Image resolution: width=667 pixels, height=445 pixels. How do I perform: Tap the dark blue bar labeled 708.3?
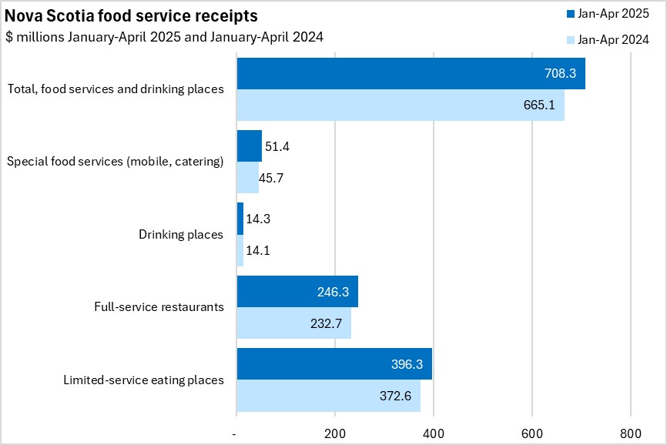pyautogui.click(x=411, y=73)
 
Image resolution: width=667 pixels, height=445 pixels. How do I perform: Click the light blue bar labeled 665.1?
pyautogui.click(x=401, y=105)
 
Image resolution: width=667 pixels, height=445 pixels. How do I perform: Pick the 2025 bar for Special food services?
pyautogui.click(x=249, y=146)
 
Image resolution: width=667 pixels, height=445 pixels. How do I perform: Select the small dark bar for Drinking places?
pyautogui.click(x=240, y=219)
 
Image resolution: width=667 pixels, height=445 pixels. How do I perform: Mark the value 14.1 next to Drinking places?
pyautogui.click(x=257, y=250)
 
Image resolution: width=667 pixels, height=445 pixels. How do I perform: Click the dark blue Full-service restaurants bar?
pyautogui.click(x=297, y=291)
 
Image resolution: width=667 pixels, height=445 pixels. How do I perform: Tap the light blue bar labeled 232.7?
pyautogui.click(x=293, y=323)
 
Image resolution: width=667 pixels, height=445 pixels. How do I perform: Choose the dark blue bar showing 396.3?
pyautogui.click(x=334, y=363)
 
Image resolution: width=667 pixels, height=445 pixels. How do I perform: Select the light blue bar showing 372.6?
pyautogui.click(x=328, y=395)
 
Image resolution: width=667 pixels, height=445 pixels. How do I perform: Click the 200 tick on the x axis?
pyautogui.click(x=335, y=432)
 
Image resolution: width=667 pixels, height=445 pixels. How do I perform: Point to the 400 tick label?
pyautogui.click(x=434, y=432)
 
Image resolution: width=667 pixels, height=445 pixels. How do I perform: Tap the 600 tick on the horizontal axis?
pyautogui.click(x=532, y=432)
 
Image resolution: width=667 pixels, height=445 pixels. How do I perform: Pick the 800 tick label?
pyautogui.click(x=631, y=432)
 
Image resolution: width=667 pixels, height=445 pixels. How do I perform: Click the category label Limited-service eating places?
pyautogui.click(x=143, y=380)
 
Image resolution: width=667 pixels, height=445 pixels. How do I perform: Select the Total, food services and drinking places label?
pyautogui.click(x=116, y=89)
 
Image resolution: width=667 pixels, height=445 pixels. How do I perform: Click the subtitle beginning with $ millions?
pyautogui.click(x=164, y=37)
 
